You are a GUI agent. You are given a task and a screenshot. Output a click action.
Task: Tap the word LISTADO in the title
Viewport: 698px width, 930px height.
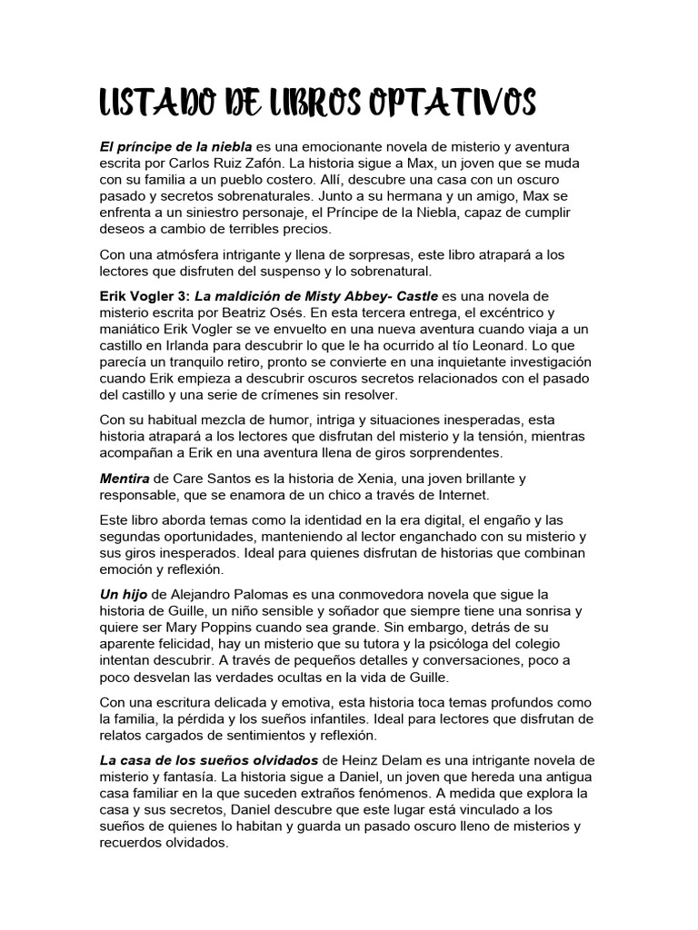click(154, 104)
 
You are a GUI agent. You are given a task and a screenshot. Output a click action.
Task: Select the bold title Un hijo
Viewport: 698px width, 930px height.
click(123, 595)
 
